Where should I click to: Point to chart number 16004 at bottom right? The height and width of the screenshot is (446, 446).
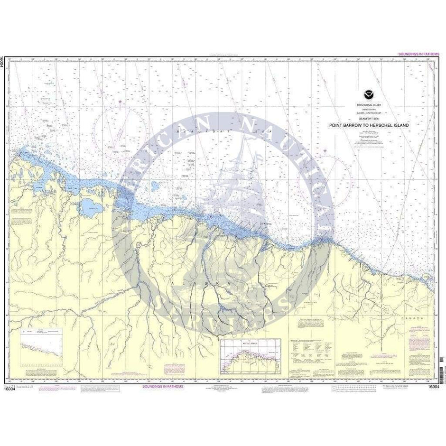click(x=427, y=388)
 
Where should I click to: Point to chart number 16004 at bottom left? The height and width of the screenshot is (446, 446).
click(x=15, y=388)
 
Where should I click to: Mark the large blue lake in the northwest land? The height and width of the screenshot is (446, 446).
click(x=89, y=206)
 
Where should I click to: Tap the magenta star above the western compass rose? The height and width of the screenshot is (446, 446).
click(x=120, y=102)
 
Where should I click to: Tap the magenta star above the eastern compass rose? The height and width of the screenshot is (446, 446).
click(x=325, y=151)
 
